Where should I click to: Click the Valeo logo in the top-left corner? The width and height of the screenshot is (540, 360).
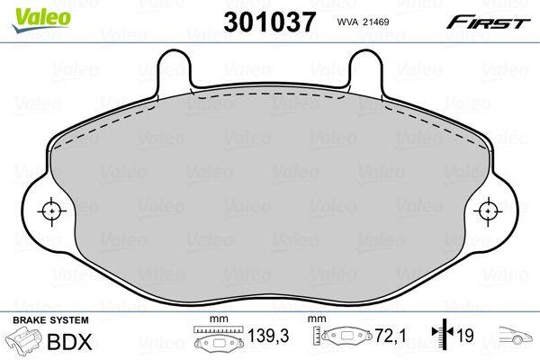click(x=28, y=12)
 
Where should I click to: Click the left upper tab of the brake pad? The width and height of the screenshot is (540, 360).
click(x=175, y=67)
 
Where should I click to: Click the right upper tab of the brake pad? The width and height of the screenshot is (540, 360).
click(x=364, y=67)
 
